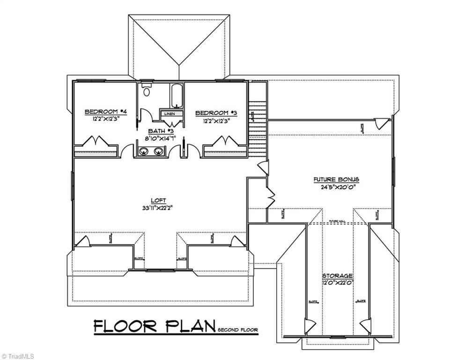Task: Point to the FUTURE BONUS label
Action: pyautogui.click(x=336, y=180)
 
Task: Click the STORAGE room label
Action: pyautogui.click(x=337, y=276)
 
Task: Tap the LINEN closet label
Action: pyautogui.click(x=169, y=113)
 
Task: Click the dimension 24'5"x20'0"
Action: pyautogui.click(x=336, y=187)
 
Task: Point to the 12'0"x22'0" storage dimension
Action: pyautogui.click(x=337, y=283)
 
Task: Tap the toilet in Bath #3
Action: pyautogui.click(x=147, y=90)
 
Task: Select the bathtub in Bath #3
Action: pyautogui.click(x=177, y=96)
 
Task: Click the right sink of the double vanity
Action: pyautogui.click(x=159, y=151)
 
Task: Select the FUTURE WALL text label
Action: pyautogui.click(x=337, y=221)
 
